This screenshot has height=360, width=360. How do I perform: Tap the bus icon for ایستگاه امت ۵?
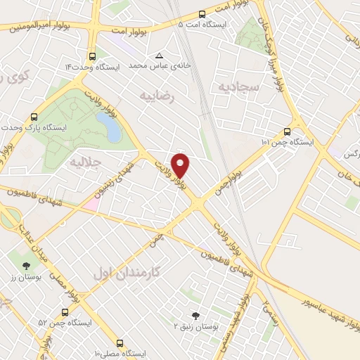[x=202, y=13]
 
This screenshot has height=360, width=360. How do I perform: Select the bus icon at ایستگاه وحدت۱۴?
[x=92, y=56]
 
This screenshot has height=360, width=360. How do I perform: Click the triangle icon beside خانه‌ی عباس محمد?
[x=159, y=56]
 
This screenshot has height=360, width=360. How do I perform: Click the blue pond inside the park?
[x=110, y=127]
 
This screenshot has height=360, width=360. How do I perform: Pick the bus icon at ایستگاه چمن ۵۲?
[x=65, y=311]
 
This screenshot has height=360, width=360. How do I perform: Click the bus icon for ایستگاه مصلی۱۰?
[x=120, y=343]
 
